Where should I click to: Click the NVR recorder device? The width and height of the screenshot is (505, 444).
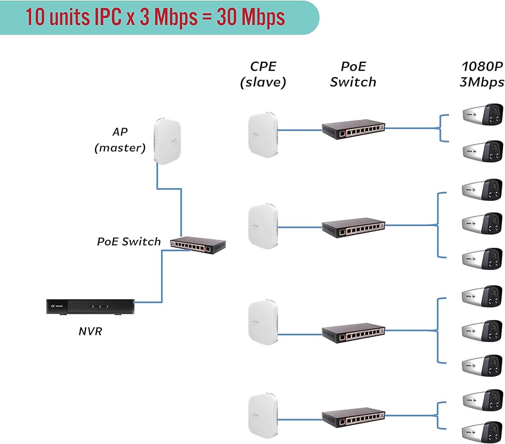coord(90,306)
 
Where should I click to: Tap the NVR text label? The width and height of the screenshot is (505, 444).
coord(90,331)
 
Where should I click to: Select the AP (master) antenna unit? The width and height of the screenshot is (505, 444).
coord(167,142)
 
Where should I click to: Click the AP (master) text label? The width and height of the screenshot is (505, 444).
coord(120,140)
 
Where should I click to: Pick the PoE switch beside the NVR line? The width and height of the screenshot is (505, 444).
coord(198,245)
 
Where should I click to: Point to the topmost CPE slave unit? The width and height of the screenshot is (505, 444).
coord(263,135)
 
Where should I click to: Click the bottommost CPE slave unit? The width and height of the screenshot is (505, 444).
coord(263,416)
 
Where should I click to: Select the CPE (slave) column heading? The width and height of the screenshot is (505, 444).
coord(263,74)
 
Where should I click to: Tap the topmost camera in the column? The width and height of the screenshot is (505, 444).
coord(483,114)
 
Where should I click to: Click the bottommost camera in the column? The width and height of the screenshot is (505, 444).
coord(482,432)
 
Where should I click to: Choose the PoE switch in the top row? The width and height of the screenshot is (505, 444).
coord(353,129)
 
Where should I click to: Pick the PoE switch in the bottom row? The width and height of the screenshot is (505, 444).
coord(353,418)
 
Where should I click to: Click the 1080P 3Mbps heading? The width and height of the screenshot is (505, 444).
coord(482,74)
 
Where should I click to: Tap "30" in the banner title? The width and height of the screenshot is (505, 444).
coord(227,17)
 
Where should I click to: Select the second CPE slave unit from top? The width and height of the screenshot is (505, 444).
coord(263,227)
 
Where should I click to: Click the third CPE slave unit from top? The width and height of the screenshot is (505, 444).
coord(263,323)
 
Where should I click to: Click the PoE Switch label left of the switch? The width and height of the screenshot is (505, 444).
coord(129,242)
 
